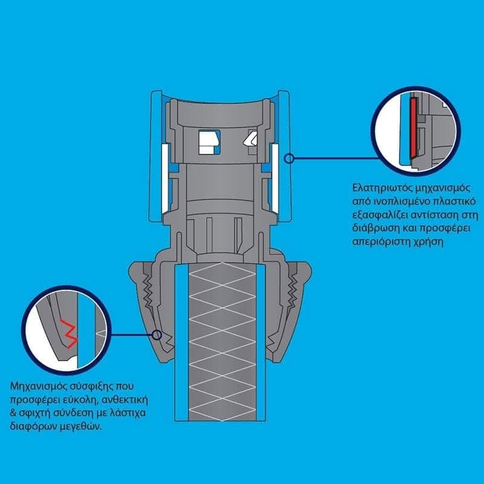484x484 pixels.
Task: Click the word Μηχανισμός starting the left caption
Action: tap(36, 386)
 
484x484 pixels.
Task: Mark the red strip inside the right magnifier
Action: tap(413, 132)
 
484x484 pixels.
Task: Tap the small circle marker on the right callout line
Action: tap(289, 159)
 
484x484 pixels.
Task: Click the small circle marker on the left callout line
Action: tap(157, 335)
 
